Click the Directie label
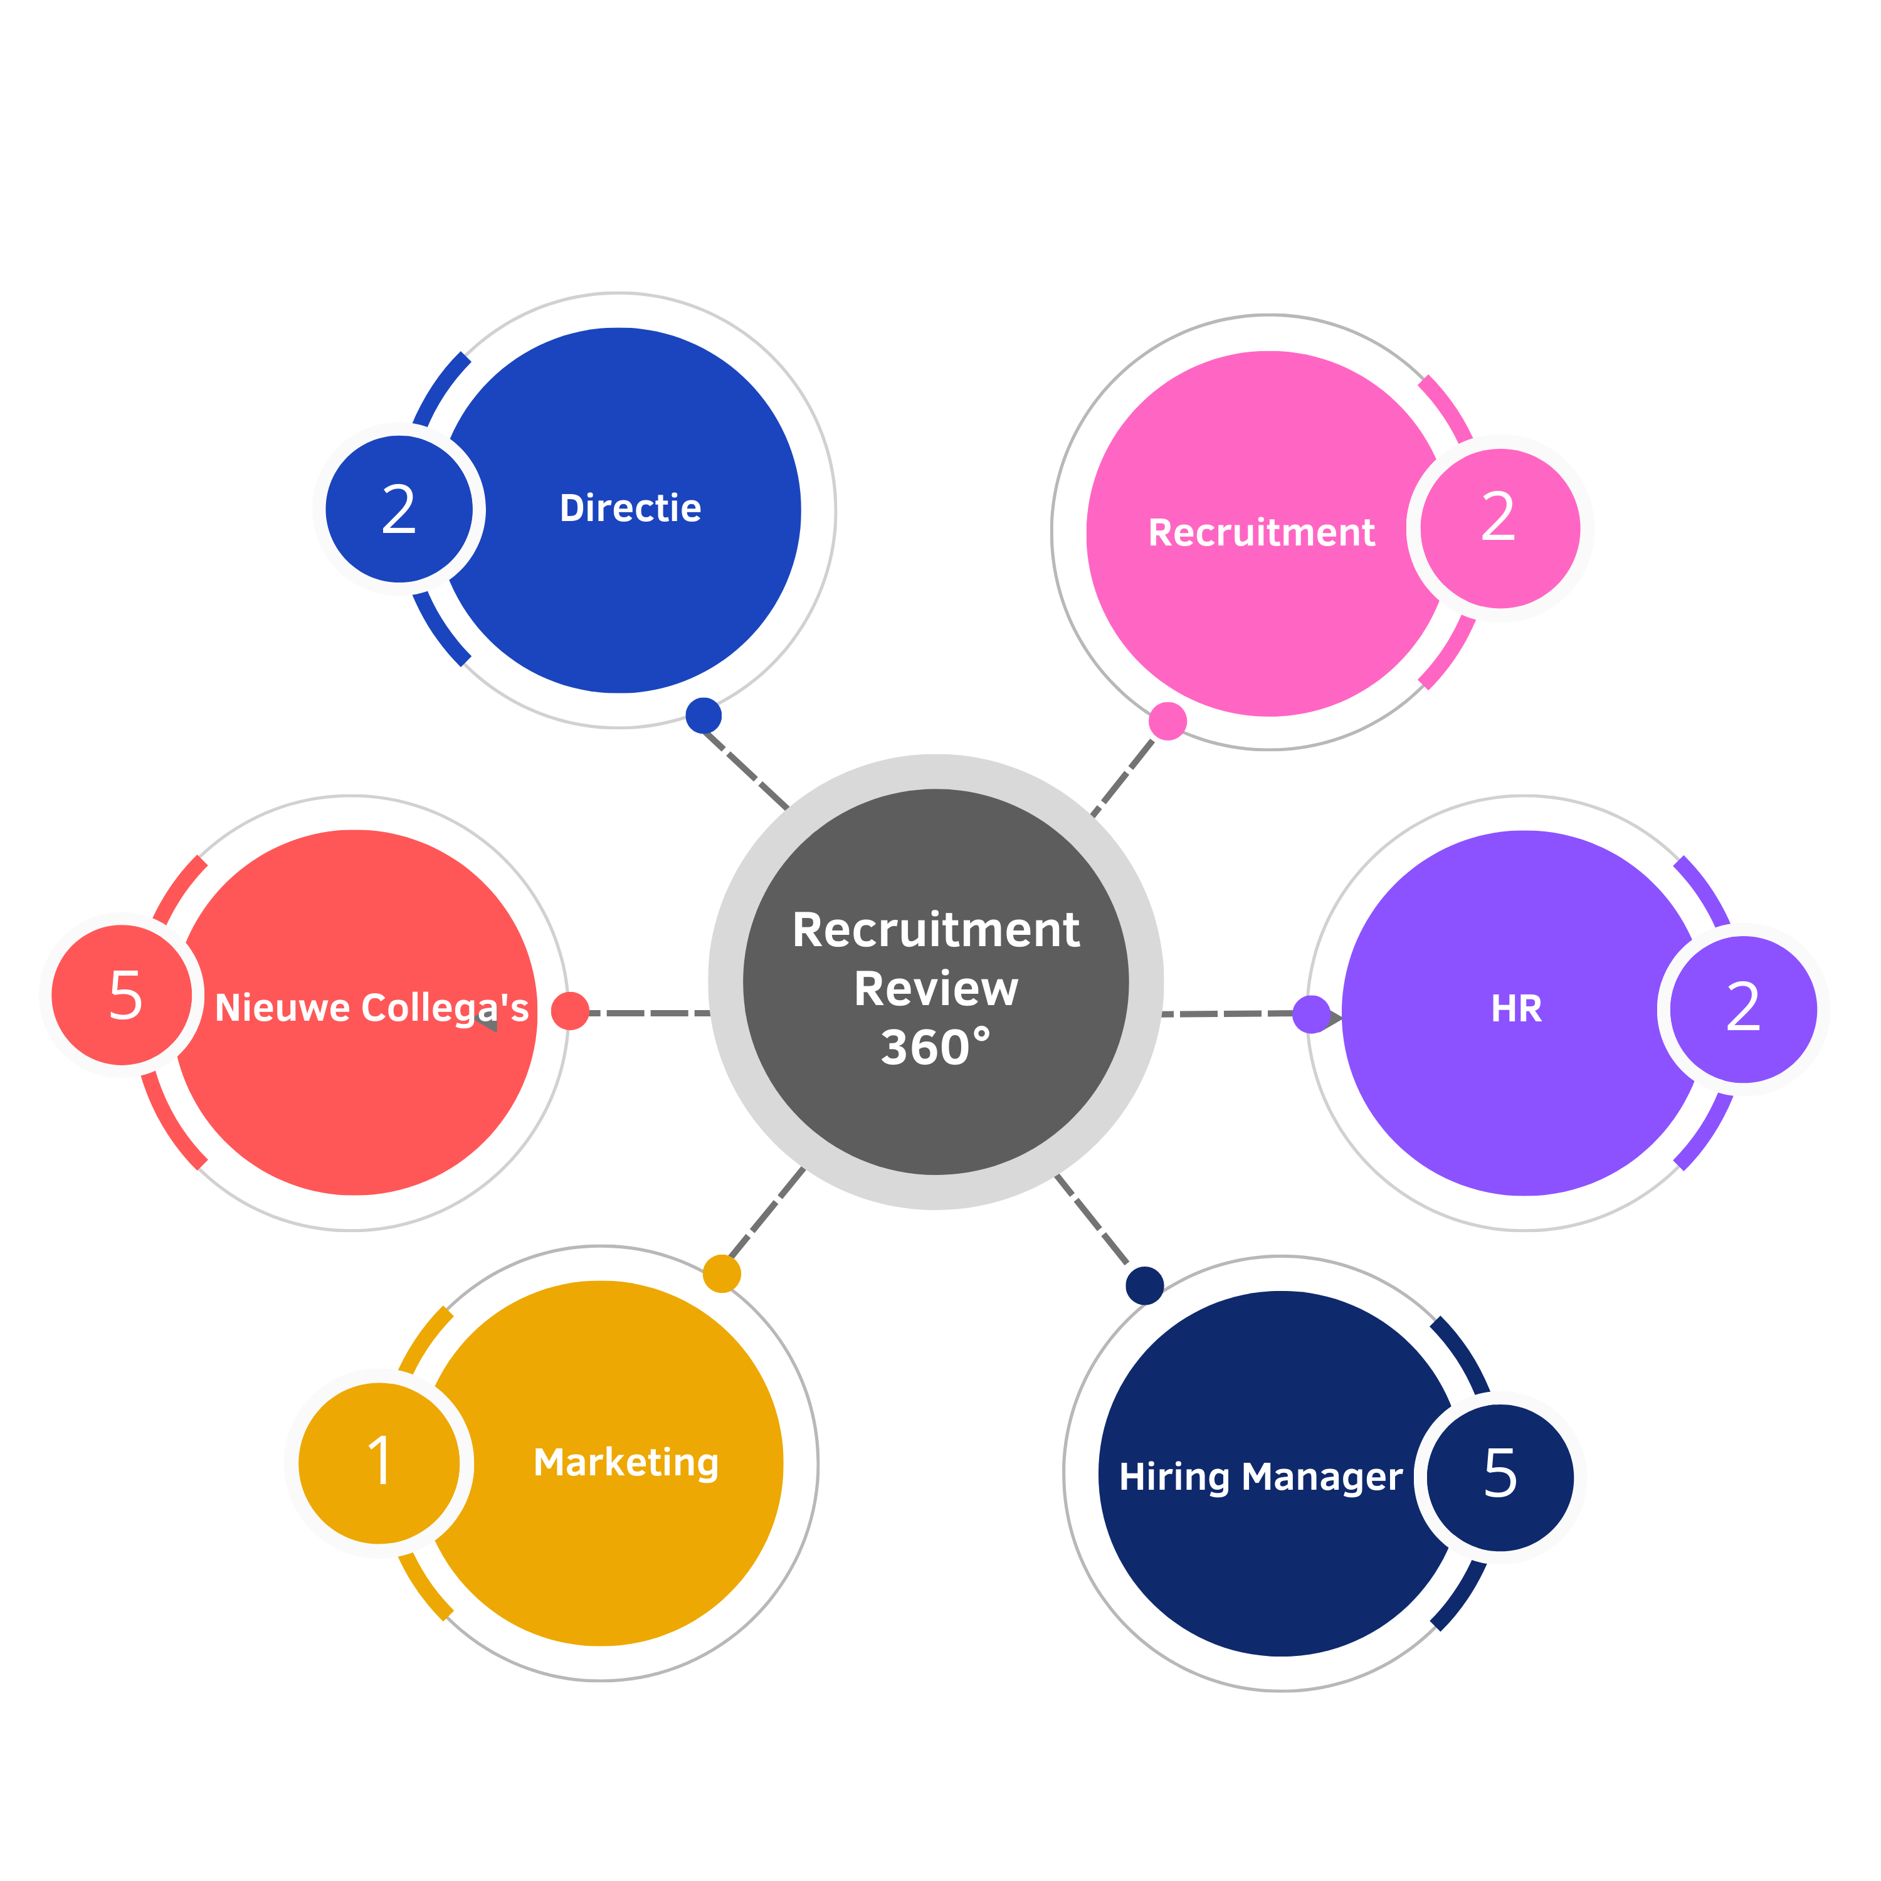point(630,508)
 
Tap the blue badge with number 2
point(399,509)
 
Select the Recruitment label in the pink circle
point(1261,532)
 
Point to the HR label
point(1516,1009)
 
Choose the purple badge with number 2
point(1743,1009)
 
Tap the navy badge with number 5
point(1500,1477)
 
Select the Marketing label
point(626,1462)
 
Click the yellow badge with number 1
point(379,1462)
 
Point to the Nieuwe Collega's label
point(371,1008)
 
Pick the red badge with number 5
point(123,995)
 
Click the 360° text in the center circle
point(935,1048)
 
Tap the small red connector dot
point(569,1011)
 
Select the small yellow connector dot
point(722,1273)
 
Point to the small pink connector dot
point(1167,722)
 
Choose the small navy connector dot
point(1144,1285)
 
